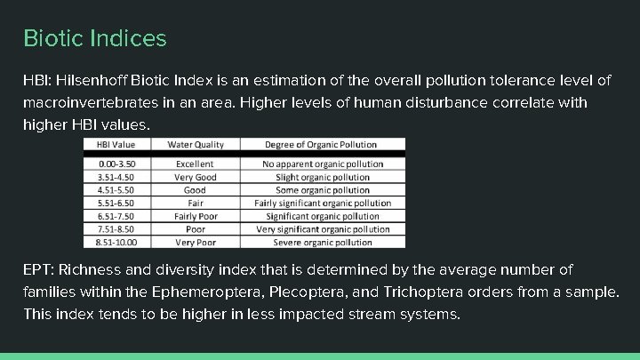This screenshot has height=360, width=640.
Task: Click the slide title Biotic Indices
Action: click(94, 39)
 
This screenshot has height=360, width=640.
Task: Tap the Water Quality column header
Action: click(195, 145)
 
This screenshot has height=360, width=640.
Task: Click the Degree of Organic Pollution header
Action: click(321, 145)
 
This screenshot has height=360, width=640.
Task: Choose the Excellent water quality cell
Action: click(195, 164)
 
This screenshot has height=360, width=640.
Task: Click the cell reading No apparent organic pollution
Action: click(323, 164)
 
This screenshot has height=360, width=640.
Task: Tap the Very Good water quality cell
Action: click(195, 177)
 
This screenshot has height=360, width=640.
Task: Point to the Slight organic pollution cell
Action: click(323, 177)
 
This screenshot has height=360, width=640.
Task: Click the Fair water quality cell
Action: click(195, 203)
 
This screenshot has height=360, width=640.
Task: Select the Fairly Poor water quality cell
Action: click(195, 216)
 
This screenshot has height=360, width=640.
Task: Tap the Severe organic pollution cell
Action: click(323, 242)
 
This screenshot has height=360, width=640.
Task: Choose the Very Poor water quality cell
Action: click(195, 242)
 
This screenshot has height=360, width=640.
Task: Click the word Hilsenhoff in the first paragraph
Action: click(92, 81)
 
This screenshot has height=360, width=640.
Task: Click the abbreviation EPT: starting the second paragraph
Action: click(38, 269)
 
